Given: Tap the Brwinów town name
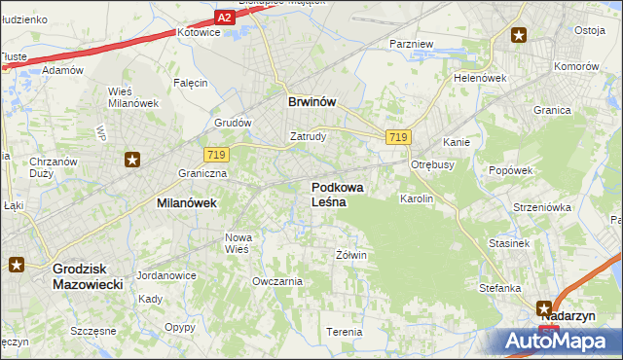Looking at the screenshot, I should [x=311, y=100].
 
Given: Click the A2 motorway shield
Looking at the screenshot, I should [x=225, y=18].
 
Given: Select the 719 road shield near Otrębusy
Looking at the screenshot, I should [x=396, y=137].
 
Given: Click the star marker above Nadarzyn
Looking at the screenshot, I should [x=543, y=308].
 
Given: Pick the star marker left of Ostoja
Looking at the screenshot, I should [x=519, y=35].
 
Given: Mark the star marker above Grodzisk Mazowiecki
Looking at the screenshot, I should [x=18, y=264].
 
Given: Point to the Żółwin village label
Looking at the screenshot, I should [x=350, y=255].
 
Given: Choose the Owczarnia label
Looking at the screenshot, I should [x=277, y=281].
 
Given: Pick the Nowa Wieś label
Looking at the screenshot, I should [x=238, y=243].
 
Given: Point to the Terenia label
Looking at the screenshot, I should [x=345, y=332].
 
